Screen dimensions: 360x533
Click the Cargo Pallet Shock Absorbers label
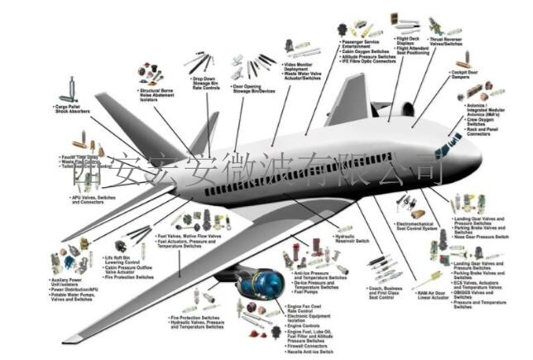tap(74, 109)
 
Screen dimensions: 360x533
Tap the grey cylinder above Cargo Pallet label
tap(73, 88)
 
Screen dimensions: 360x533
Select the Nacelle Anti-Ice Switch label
tap(310, 353)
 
